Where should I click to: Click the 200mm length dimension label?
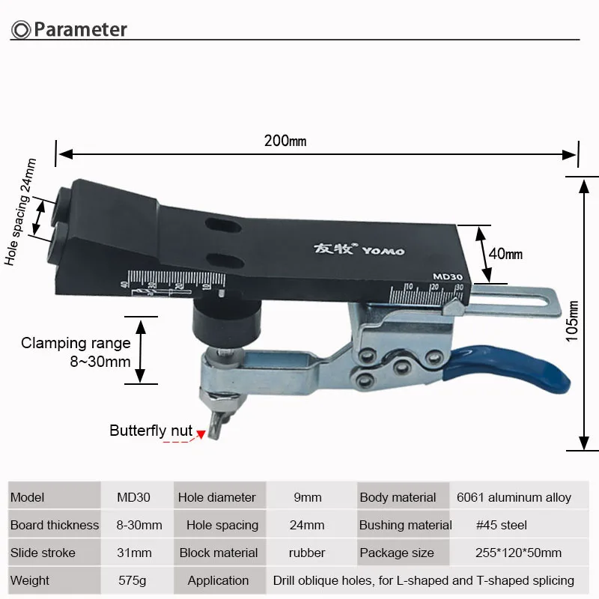point(285,141)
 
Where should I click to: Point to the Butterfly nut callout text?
point(150,431)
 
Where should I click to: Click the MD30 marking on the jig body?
point(447,276)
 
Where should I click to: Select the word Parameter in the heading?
point(80,30)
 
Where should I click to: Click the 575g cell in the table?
point(137,580)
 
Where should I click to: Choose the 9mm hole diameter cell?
point(307,497)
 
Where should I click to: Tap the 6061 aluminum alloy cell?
point(514,497)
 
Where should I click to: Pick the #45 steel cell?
point(502,525)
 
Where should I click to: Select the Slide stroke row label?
point(43,553)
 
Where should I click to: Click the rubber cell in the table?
point(307,553)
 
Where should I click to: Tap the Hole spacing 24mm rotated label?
point(20,212)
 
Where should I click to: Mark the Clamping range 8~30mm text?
point(76,352)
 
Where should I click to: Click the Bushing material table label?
point(406,525)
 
